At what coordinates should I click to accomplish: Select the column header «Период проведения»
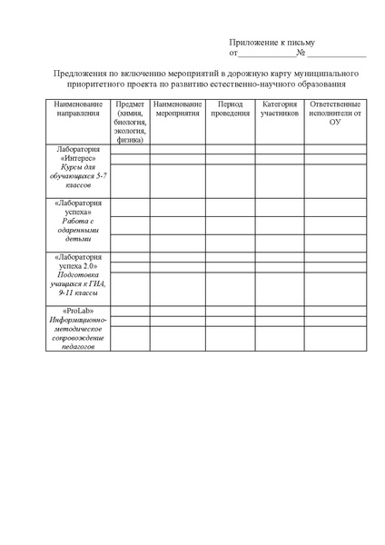pyautogui.click(x=226, y=109)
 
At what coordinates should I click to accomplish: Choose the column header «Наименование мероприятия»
pyautogui.click(x=176, y=109)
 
